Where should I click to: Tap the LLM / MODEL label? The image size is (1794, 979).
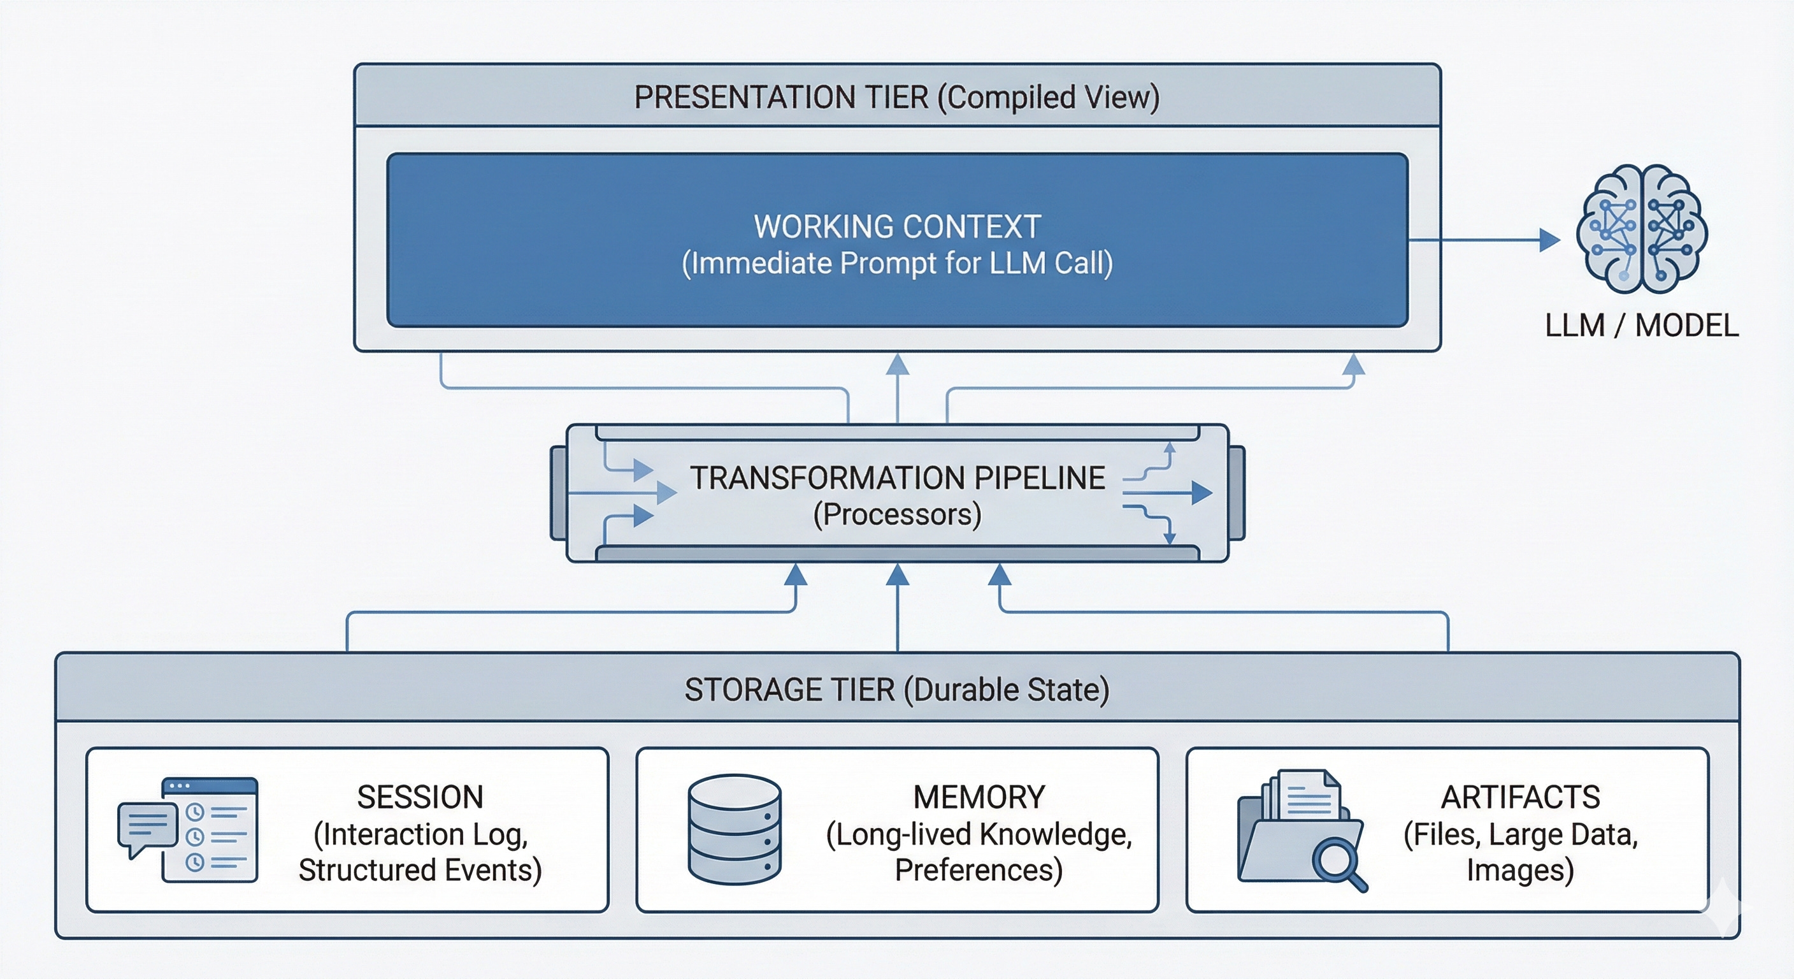point(1642,326)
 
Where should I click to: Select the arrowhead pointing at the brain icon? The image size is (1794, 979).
point(1549,240)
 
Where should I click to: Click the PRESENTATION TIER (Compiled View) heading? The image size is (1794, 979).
point(896,97)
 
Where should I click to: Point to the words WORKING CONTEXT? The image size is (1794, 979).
point(897,227)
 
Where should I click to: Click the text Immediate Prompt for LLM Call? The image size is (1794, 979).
point(897,263)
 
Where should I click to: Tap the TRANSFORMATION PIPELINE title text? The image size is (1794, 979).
point(897,479)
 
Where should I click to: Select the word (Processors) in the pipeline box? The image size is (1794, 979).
point(897,515)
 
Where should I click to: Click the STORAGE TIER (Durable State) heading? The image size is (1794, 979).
point(896,690)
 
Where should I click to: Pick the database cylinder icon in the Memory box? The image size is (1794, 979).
point(734,829)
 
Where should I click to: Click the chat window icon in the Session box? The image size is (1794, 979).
point(209,829)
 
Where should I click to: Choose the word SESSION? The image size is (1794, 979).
point(420,797)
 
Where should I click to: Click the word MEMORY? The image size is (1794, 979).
point(979,797)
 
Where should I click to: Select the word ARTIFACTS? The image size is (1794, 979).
point(1520,797)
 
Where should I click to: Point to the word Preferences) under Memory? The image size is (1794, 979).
point(979,870)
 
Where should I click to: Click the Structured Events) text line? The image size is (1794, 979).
point(420,870)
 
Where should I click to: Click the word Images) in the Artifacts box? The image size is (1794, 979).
point(1520,870)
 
